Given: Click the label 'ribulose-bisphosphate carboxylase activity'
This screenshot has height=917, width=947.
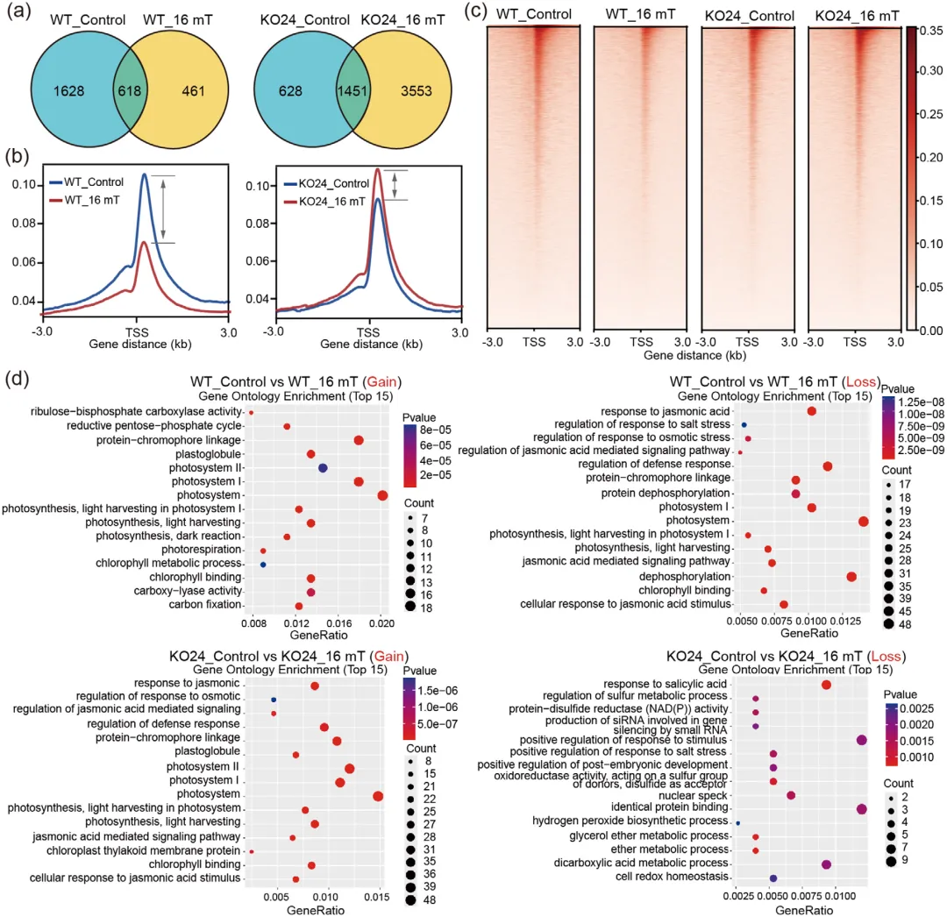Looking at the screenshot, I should pyautogui.click(x=137, y=412).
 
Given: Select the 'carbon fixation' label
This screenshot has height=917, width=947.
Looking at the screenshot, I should pyautogui.click(x=204, y=605).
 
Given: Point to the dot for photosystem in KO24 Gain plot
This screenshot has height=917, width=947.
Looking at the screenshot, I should pyautogui.click(x=378, y=796).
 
